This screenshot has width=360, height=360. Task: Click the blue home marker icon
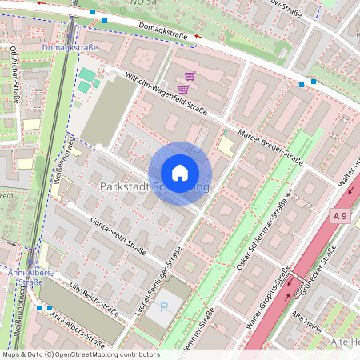point(180,173)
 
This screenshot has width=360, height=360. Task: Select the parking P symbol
point(165,307)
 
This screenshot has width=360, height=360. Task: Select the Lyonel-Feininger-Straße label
point(157,280)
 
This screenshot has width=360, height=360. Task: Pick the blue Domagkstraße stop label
point(70,48)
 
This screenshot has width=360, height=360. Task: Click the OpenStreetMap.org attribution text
point(89,354)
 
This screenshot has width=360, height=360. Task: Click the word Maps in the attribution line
point(11,354)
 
